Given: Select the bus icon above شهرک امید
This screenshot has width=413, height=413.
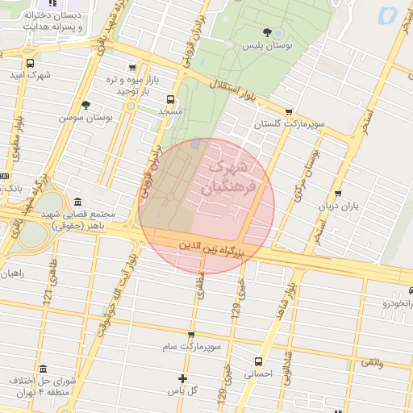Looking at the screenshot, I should point(30,63).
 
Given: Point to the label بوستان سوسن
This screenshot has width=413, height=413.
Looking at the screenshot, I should point(82,117).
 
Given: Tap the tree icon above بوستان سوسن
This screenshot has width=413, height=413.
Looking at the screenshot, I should point(86,105).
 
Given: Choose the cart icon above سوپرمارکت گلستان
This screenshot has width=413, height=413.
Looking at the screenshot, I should point(289,113).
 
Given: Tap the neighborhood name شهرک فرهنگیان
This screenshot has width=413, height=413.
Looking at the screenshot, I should point(231,177).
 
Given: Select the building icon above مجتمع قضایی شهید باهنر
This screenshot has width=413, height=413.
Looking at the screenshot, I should point(77,202).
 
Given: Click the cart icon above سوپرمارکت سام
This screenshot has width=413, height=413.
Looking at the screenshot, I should point(191,335).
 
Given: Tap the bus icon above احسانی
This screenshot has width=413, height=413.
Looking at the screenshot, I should point(258,361).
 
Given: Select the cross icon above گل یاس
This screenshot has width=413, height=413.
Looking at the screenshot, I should point(182,378).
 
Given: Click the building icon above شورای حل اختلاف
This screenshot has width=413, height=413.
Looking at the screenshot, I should point(43,368).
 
